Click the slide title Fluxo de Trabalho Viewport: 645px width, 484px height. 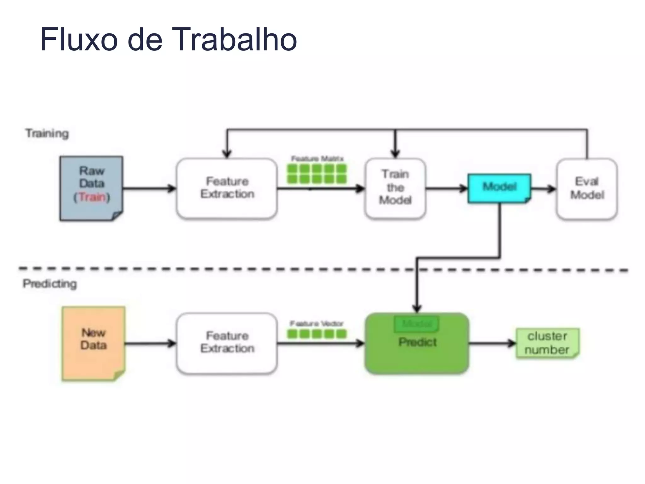click(168, 39)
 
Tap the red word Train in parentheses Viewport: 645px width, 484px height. click(92, 197)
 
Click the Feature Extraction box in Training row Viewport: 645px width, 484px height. click(227, 188)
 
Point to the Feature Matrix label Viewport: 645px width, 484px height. click(317, 158)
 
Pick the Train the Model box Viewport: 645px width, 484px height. click(395, 188)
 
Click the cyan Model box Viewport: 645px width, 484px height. click(499, 188)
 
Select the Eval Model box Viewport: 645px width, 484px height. click(587, 188)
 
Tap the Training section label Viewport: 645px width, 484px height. click(47, 133)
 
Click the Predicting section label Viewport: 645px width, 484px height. click(50, 284)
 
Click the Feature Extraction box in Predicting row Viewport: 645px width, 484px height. click(227, 343)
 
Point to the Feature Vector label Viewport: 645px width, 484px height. click(317, 324)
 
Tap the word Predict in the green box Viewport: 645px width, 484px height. click(417, 342)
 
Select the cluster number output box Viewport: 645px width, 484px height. click(547, 343)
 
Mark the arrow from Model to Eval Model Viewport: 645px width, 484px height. click(544, 189)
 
